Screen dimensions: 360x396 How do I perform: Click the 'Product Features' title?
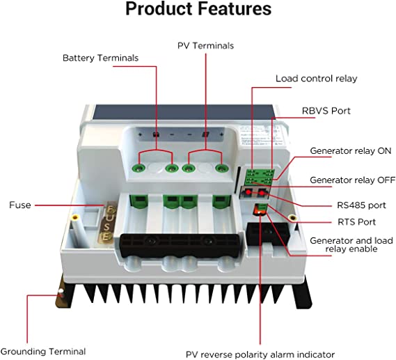tap(198, 10)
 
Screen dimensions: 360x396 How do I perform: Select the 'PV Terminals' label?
tap(205, 45)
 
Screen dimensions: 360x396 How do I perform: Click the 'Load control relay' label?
tap(317, 79)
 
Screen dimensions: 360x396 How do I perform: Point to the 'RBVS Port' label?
tap(326, 110)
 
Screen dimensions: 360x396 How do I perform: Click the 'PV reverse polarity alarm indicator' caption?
tap(260, 353)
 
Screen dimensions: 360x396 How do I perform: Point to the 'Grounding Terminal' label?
tap(43, 351)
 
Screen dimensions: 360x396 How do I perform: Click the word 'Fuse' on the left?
tap(19, 205)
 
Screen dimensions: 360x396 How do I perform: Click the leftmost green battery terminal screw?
tap(141, 168)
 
